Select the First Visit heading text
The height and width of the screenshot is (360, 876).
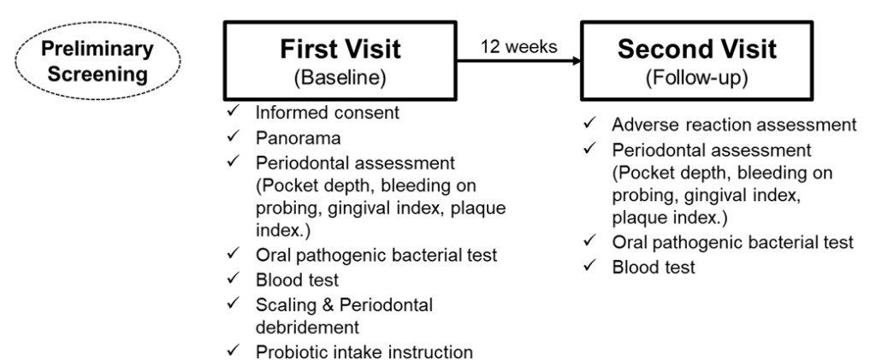tap(340, 49)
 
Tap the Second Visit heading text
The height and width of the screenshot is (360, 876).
tap(696, 49)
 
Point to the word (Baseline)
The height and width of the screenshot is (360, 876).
tap(340, 79)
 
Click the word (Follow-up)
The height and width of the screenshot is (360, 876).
tap(696, 79)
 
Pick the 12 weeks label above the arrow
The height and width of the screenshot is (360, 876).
tap(519, 46)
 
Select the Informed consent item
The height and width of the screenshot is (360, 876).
tap(328, 113)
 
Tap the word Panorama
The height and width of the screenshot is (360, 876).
tap(299, 138)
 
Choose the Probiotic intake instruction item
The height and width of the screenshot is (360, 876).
tap(364, 352)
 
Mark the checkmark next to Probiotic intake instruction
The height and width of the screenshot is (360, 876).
tap(233, 351)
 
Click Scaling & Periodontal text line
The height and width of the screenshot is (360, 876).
tap(344, 304)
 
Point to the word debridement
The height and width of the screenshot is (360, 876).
tap(307, 327)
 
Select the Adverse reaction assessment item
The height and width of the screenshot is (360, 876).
tap(734, 125)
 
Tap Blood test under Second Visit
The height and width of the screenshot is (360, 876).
tap(654, 267)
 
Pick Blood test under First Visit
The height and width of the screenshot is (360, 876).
tap(297, 279)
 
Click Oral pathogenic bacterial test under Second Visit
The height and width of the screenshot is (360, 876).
tap(733, 242)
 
